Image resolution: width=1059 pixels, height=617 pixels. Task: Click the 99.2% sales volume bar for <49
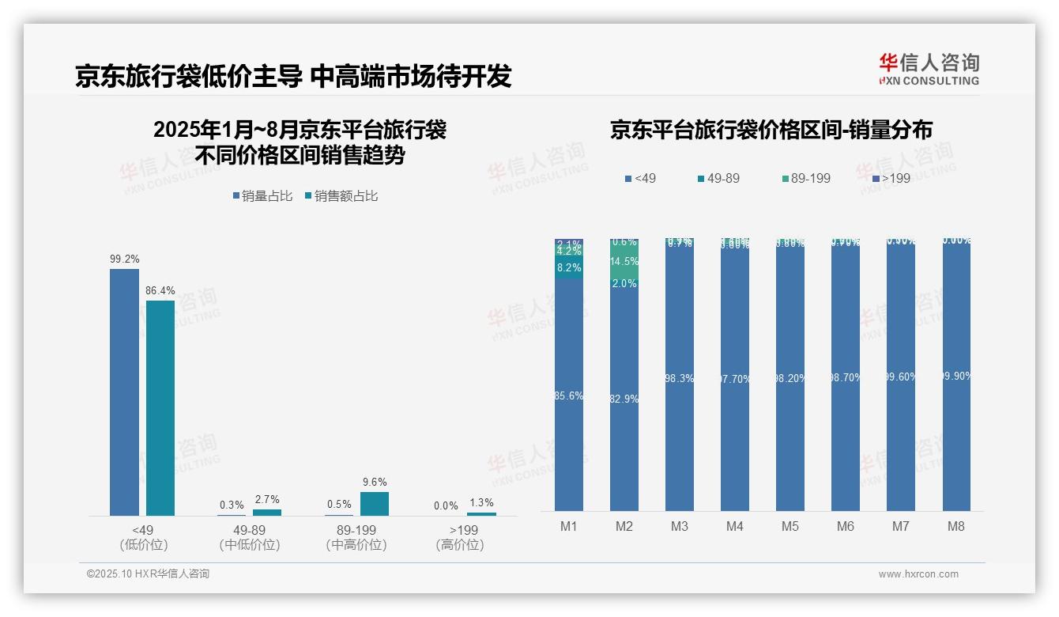(x=124, y=392)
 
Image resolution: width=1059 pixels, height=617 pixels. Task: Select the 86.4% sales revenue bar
(x=160, y=407)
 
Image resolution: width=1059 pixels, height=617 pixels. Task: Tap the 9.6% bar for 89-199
(x=375, y=504)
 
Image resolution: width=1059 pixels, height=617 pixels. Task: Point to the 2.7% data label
(x=266, y=499)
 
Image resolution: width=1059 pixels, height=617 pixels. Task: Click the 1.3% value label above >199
(x=481, y=503)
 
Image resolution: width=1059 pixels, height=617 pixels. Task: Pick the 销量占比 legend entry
(x=263, y=196)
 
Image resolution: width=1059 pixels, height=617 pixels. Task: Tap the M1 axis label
(x=569, y=526)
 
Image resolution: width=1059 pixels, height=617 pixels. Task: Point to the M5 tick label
(x=790, y=526)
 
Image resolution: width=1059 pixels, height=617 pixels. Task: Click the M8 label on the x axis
(x=956, y=526)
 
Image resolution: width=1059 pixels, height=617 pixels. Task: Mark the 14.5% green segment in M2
(x=624, y=262)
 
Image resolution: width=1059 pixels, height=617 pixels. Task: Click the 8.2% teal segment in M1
(x=569, y=268)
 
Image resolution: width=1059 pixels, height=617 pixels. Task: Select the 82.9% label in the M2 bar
(x=624, y=399)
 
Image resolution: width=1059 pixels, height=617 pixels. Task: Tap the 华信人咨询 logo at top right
(x=929, y=69)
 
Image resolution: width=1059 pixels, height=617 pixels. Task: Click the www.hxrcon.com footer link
(x=918, y=574)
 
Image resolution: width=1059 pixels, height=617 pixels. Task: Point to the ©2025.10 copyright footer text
(x=148, y=574)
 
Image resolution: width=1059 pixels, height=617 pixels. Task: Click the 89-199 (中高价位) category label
(x=356, y=537)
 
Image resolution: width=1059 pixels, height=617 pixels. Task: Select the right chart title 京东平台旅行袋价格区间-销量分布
(x=771, y=131)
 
